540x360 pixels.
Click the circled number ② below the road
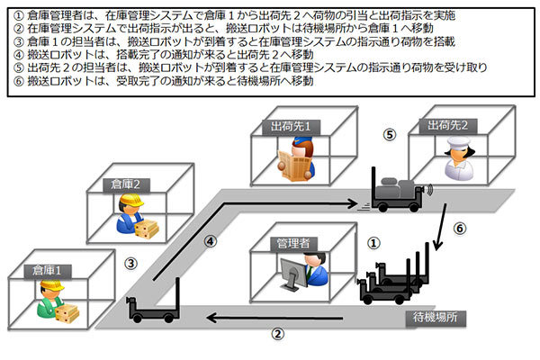tap(278, 333)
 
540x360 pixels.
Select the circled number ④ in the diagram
tap(209, 241)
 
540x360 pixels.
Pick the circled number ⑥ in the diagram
tap(459, 229)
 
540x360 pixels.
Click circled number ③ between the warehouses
tap(130, 264)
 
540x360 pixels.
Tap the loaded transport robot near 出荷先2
tap(396, 192)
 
